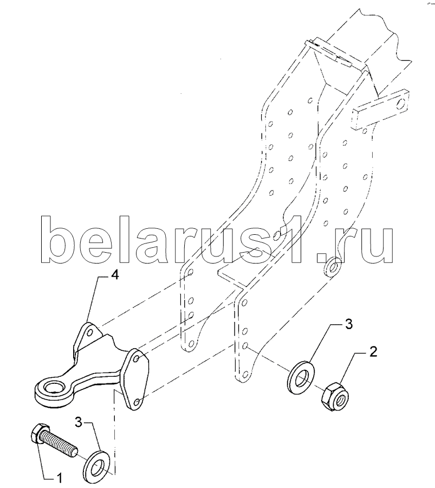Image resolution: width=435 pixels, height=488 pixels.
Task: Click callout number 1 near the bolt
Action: coord(60,478)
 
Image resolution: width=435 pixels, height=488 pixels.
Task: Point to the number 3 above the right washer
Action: coord(349,325)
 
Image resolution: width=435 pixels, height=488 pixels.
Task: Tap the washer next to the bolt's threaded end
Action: coord(98,463)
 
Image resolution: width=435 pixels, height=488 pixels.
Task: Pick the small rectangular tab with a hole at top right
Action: coord(380,111)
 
